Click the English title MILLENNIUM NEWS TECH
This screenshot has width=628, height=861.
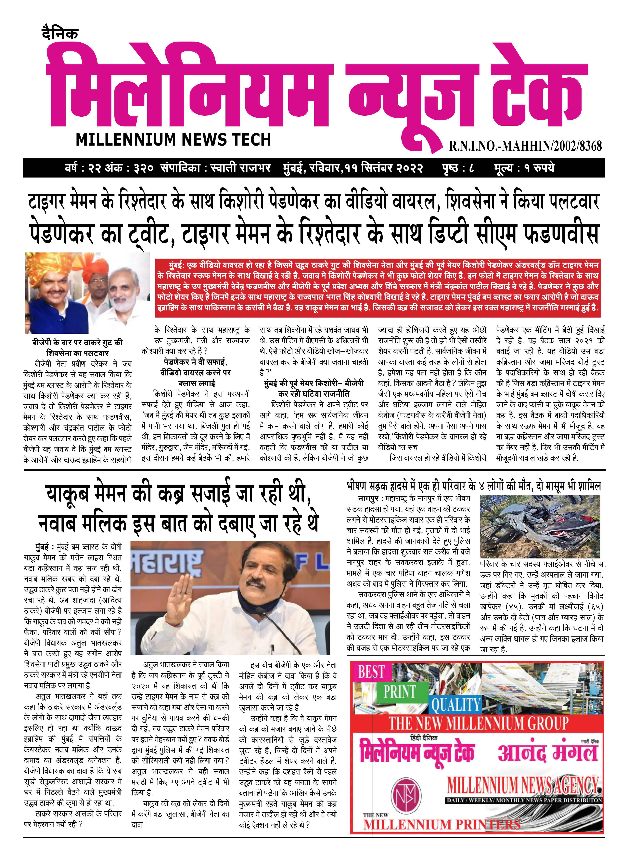pyautogui.click(x=173, y=140)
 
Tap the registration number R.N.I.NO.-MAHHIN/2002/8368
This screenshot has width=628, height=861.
pyautogui.click(x=525, y=146)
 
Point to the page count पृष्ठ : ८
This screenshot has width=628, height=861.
pyautogui.click(x=458, y=168)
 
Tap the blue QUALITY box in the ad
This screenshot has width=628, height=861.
pyautogui.click(x=455, y=705)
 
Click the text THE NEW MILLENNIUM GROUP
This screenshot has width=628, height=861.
pyautogui.click(x=478, y=723)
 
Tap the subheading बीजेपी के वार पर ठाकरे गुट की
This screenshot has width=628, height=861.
pyautogui.click(x=78, y=342)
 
